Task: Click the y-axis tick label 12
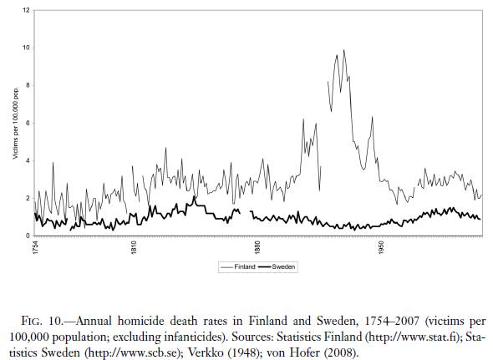(27, 10)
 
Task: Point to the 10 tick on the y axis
(27, 48)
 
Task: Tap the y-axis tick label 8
(28, 85)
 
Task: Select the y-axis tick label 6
(28, 123)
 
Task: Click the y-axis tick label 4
(28, 160)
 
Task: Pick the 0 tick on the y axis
(28, 236)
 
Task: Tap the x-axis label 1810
(134, 249)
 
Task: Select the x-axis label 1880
(257, 249)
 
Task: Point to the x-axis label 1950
(380, 249)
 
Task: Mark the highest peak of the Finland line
(343, 50)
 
